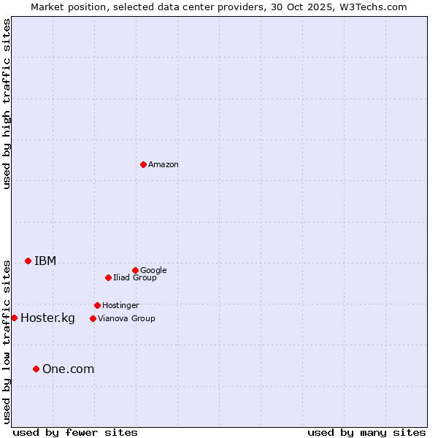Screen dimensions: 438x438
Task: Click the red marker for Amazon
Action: (x=143, y=164)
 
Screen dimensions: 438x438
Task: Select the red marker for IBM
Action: (x=28, y=261)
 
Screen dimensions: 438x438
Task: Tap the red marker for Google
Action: (x=135, y=270)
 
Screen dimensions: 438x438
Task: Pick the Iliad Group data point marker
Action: (x=108, y=277)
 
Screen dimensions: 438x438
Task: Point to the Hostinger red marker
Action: (x=97, y=305)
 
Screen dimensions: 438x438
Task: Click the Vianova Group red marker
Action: (x=93, y=318)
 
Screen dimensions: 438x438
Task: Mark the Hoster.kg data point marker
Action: (x=14, y=318)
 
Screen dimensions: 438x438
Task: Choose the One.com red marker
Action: (x=36, y=369)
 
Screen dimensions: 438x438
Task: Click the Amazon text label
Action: (x=164, y=165)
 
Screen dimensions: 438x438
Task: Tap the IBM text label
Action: (x=45, y=261)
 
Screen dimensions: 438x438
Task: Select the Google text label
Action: (x=153, y=270)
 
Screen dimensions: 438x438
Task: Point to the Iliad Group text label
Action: (x=135, y=277)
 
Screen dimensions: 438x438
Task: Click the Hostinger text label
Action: (x=120, y=305)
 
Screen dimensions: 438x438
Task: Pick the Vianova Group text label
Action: (x=126, y=318)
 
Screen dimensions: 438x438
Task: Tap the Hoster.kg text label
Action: (x=47, y=318)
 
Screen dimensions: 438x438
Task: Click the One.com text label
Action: (x=68, y=369)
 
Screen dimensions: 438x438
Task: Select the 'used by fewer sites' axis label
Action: (x=75, y=432)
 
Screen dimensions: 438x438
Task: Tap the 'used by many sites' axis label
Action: (x=366, y=432)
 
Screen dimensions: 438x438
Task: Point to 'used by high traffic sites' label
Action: (x=7, y=104)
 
